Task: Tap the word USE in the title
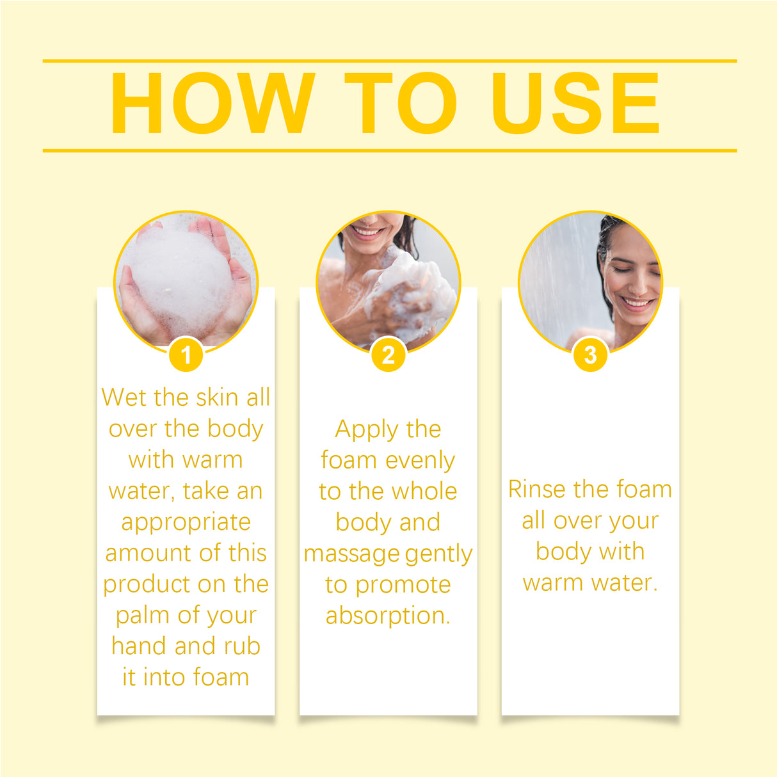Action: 575,104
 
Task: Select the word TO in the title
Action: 401,104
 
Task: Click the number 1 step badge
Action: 186,355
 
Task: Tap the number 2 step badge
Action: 389,355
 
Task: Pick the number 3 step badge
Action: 590,355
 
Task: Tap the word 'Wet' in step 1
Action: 124,397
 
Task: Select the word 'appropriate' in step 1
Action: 186,522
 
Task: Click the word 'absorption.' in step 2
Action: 389,616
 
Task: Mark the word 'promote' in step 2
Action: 403,585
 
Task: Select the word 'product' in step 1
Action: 145,584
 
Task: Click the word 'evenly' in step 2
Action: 420,460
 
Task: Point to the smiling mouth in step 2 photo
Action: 369,231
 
